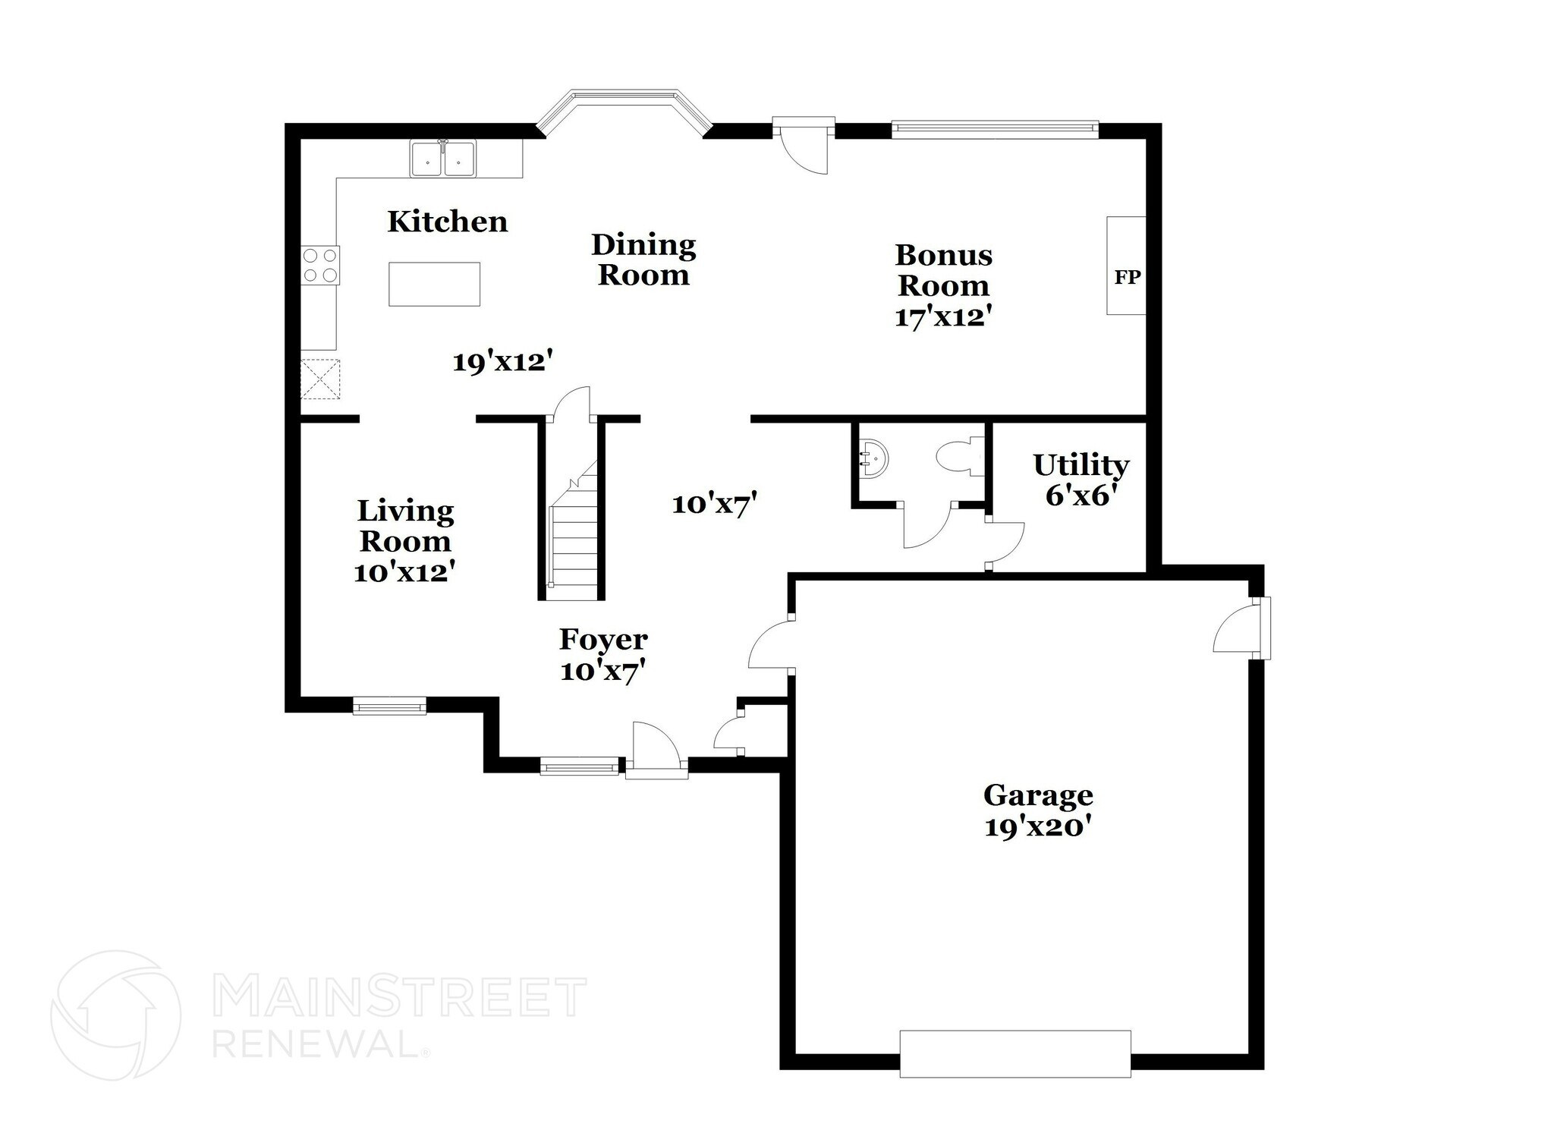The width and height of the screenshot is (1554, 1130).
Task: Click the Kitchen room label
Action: point(447,222)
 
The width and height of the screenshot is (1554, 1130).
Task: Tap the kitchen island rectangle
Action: point(434,284)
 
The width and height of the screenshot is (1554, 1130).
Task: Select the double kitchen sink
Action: point(443,159)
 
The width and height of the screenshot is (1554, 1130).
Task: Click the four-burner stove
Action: point(320,266)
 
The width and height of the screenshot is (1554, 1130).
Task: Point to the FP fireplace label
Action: point(1127,278)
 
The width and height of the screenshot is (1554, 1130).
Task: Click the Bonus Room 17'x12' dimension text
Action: point(943,317)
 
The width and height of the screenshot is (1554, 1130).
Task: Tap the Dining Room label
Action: point(643,260)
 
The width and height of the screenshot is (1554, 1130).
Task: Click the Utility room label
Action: point(1081,464)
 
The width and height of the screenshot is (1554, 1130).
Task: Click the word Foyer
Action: point(603,640)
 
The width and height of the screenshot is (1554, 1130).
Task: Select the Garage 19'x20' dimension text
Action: point(1037,826)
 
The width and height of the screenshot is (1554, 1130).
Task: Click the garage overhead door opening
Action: point(1015,1053)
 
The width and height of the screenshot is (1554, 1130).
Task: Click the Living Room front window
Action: point(389,707)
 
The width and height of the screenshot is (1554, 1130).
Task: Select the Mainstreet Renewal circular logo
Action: point(115,1015)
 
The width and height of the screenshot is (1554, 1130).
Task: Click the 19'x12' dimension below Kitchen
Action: point(501,362)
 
